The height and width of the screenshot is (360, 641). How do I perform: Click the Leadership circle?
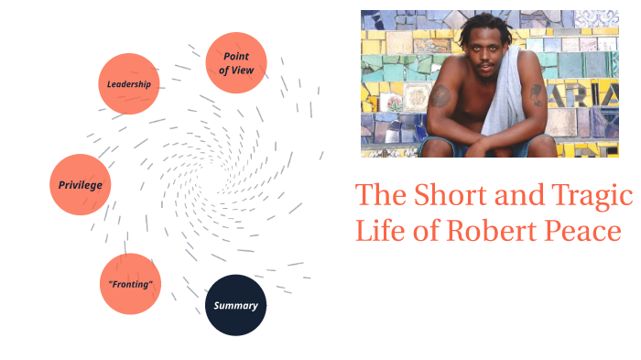[x=129, y=84]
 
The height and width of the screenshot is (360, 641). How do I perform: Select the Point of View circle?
[x=236, y=62]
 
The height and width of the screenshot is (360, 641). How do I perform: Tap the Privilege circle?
[x=80, y=184]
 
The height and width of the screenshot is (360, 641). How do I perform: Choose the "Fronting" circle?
[x=130, y=284]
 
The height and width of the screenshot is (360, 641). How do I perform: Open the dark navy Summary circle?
[x=235, y=305]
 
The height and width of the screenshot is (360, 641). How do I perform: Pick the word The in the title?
[x=379, y=195]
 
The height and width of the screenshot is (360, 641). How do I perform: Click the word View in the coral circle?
[x=246, y=70]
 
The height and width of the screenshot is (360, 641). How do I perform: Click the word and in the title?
[x=517, y=195]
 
